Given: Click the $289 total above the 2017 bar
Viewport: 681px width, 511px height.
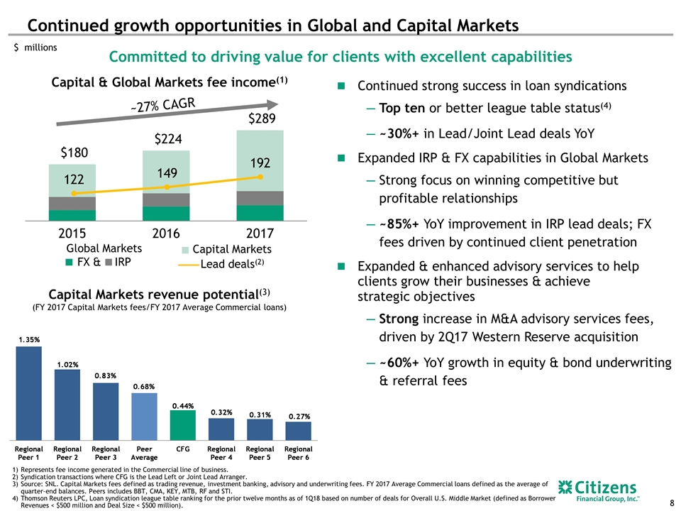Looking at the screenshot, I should click(x=261, y=118).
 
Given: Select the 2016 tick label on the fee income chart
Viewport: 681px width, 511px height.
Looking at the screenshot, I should click(x=166, y=233).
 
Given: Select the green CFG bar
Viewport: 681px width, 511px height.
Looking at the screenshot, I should click(x=182, y=424).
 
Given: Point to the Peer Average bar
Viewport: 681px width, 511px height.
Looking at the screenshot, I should click(x=144, y=416).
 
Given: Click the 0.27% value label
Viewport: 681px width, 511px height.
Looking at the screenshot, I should click(x=298, y=416).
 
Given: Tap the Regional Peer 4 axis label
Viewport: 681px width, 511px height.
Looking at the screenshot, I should click(x=221, y=454).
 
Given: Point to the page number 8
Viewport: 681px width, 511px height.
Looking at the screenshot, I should click(x=671, y=503).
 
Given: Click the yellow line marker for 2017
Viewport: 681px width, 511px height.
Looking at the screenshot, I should click(x=261, y=177).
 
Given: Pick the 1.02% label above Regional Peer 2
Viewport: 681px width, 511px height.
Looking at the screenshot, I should click(x=67, y=364).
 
